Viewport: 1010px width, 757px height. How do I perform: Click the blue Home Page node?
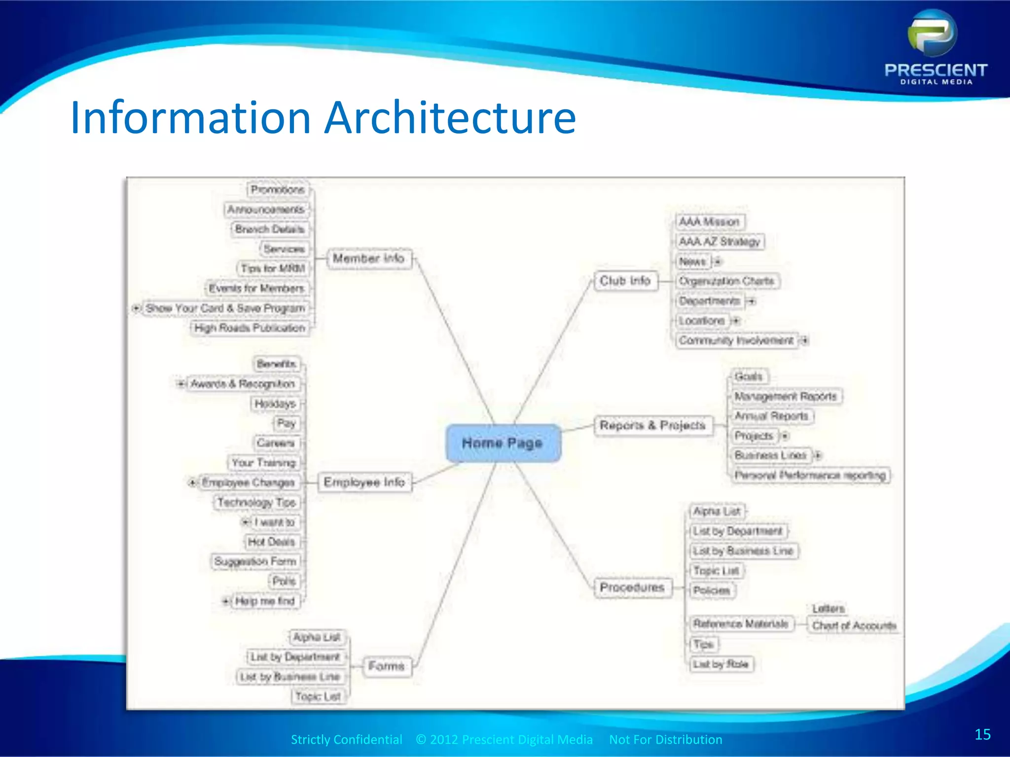503,443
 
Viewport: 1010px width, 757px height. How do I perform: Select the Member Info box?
368,258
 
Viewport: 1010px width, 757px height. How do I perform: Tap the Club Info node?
625,281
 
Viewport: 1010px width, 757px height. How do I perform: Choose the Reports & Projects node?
652,425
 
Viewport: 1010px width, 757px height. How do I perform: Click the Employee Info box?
364,482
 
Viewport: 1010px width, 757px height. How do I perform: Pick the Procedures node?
632,587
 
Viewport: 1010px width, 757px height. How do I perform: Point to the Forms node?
386,666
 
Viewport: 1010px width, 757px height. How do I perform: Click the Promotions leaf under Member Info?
277,190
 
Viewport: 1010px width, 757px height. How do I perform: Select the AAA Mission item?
709,222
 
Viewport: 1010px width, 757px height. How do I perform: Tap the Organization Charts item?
726,281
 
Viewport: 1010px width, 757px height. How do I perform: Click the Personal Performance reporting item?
810,475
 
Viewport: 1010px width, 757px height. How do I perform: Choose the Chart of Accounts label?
854,625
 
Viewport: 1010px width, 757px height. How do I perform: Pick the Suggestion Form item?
255,561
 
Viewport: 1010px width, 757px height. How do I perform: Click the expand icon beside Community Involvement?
805,340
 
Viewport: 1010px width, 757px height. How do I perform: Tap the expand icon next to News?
718,261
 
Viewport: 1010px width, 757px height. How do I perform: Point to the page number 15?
982,734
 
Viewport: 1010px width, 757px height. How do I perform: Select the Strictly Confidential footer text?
346,739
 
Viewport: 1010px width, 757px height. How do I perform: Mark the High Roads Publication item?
250,328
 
